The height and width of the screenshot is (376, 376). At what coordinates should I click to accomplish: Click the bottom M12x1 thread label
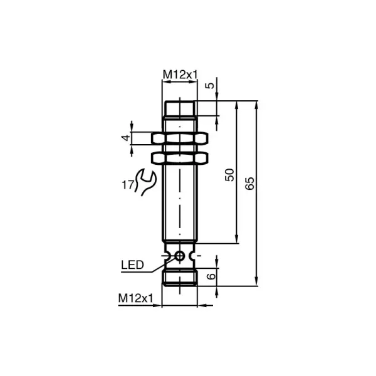(x=135, y=299)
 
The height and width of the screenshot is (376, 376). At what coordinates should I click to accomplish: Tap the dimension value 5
(x=212, y=85)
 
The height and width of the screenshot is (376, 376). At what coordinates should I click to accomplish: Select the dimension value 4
(x=125, y=138)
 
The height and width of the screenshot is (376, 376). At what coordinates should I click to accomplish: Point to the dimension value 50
(x=229, y=175)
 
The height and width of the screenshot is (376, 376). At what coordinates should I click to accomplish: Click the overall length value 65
(x=250, y=184)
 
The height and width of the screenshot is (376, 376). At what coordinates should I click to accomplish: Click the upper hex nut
(x=180, y=138)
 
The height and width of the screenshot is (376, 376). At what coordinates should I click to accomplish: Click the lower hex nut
(x=180, y=157)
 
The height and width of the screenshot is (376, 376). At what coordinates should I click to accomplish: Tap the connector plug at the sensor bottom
(x=180, y=278)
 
